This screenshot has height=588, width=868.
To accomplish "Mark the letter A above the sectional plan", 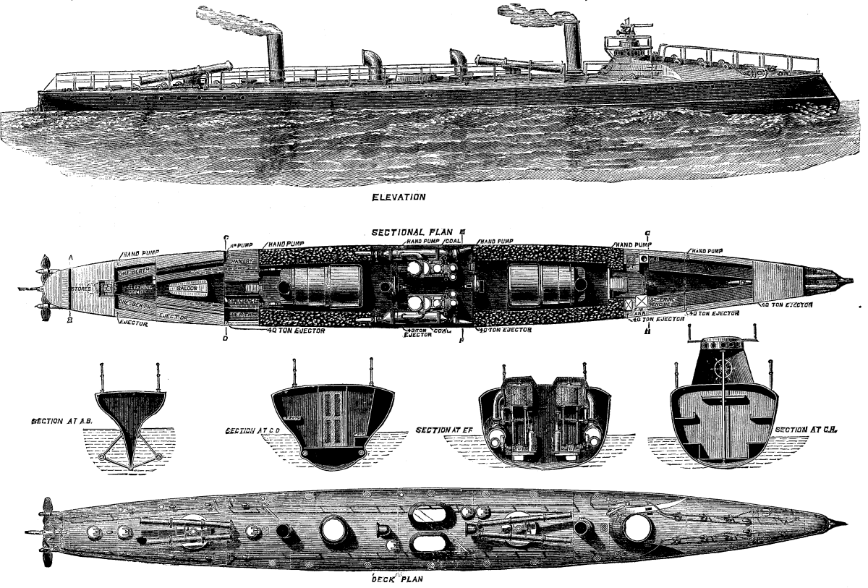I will click(71, 257).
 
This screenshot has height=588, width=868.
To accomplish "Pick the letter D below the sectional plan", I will click(226, 338).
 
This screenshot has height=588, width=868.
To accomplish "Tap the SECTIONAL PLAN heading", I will click(414, 233).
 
